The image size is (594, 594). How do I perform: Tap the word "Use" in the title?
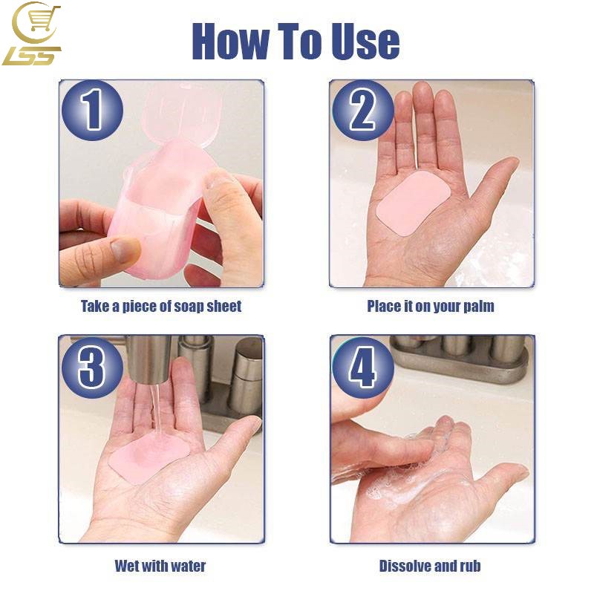click(x=365, y=41)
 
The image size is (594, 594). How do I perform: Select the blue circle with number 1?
click(x=92, y=110)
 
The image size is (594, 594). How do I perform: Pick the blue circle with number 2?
click(x=363, y=110)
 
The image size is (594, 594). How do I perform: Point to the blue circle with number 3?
click(x=92, y=367)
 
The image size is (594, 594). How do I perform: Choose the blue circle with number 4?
click(x=363, y=367)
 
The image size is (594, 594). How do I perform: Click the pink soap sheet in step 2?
click(x=414, y=203)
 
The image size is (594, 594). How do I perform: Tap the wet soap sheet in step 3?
click(x=148, y=458)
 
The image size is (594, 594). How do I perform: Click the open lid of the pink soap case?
click(x=181, y=113)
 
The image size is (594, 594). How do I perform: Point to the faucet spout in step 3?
click(x=148, y=359)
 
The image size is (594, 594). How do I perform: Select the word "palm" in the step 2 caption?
click(x=479, y=307)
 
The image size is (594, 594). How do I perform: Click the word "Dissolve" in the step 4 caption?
click(x=405, y=566)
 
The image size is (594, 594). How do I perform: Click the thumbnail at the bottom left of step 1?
click(x=124, y=249)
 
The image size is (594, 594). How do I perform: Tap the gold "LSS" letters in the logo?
click(x=32, y=56)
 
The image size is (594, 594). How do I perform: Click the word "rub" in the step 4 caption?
click(x=470, y=566)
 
